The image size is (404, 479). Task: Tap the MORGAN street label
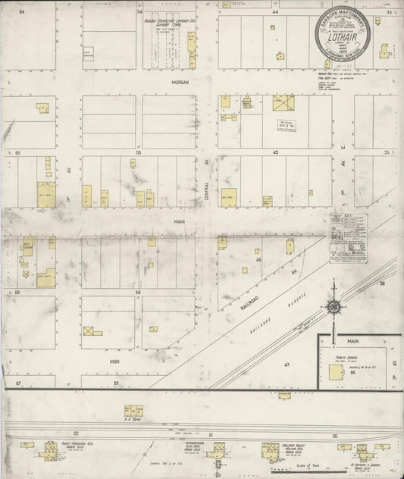179,81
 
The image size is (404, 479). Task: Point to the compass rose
333,306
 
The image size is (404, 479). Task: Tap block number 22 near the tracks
75,432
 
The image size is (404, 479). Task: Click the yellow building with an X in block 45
284,102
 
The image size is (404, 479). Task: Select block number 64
21,13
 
